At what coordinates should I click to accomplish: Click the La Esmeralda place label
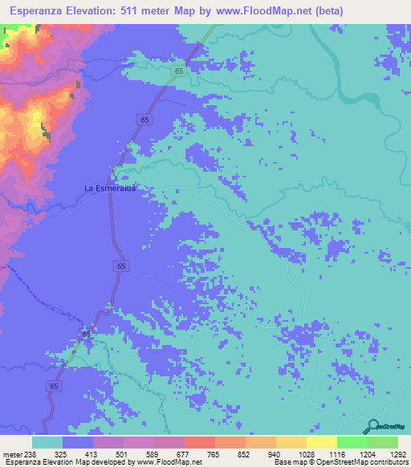[x=109, y=188]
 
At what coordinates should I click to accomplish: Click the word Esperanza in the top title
[x=33, y=11]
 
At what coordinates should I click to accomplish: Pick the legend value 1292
[x=397, y=453]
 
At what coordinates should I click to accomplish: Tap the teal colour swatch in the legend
[x=47, y=442]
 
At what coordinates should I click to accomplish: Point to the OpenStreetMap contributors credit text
[x=362, y=462]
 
